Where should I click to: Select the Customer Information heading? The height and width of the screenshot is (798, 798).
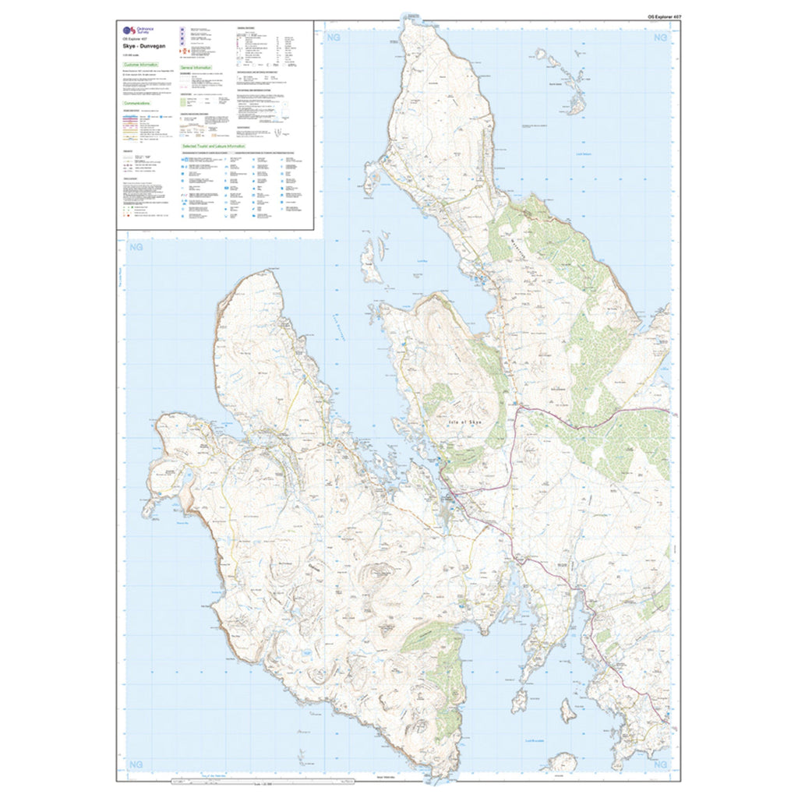pos(141,64)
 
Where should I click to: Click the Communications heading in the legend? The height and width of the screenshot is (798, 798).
pos(137,102)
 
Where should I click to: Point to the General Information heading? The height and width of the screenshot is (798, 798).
pos(196,68)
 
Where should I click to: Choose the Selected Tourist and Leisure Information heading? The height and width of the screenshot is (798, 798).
pos(213,146)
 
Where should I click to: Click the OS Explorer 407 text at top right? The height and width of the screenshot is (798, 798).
pos(663,16)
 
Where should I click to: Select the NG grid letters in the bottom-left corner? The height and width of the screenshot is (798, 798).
pos(137,764)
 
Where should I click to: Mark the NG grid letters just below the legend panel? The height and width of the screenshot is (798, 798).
pos(137,248)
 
